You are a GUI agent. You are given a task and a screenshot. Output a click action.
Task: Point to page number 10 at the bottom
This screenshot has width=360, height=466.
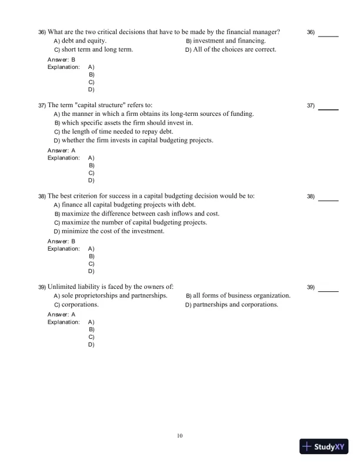pyautogui.click(x=180, y=435)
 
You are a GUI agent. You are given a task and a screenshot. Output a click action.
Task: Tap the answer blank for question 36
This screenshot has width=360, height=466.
pyautogui.click(x=328, y=35)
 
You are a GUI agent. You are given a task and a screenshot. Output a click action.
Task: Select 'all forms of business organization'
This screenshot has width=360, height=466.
pyautogui.click(x=242, y=295)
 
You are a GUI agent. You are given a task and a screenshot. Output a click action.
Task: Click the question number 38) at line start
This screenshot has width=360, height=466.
pyautogui.click(x=42, y=196)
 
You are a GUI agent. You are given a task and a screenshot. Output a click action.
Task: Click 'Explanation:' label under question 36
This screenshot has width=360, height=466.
pyautogui.click(x=64, y=67)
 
